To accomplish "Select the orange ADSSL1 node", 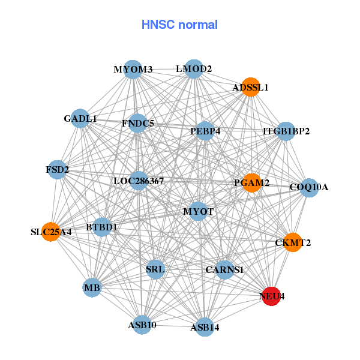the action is pos(250,87).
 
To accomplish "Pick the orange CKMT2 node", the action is pos(292,242).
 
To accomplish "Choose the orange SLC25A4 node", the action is pos(51,232).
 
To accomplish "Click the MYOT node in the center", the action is pos(199,211).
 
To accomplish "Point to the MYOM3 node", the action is pos(133,70).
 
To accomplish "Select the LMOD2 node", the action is pos(193,69).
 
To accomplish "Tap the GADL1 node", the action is pos(80,119).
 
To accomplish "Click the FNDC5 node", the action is pos(137,124).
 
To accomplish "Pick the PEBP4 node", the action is pos(205,131).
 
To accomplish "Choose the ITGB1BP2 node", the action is pos(286,131).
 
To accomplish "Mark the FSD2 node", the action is pos(57,170).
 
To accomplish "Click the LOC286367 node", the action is pos(139,181).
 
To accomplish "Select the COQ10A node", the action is pos(309,187).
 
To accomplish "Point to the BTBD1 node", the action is pos(101,227).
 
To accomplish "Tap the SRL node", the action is pos(155,268).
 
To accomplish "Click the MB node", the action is pos(92,287).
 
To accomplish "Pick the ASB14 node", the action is pos(205,327).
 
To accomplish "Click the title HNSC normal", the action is pos(179,25).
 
